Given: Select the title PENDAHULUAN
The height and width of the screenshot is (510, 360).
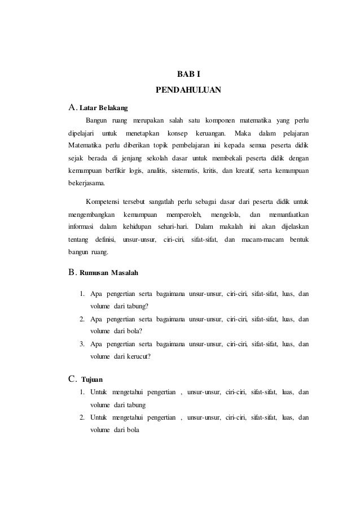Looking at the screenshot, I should point(188,90).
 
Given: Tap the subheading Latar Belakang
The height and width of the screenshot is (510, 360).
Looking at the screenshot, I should point(104,107).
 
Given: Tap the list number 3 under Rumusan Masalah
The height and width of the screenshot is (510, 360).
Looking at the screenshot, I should point(82,343).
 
